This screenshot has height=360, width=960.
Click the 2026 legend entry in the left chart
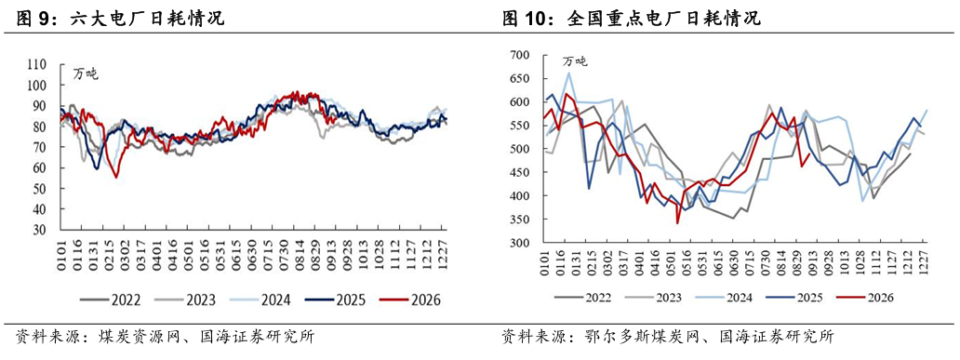(x=409, y=300)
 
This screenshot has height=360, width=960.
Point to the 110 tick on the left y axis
(x=38, y=64)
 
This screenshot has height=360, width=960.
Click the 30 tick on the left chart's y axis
(x=42, y=230)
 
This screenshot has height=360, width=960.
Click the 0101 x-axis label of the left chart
(x=61, y=249)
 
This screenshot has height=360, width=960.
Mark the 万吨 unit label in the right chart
(x=575, y=60)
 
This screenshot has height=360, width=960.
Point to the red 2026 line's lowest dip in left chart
(x=116, y=178)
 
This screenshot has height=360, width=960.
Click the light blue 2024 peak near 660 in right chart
(x=568, y=73)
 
